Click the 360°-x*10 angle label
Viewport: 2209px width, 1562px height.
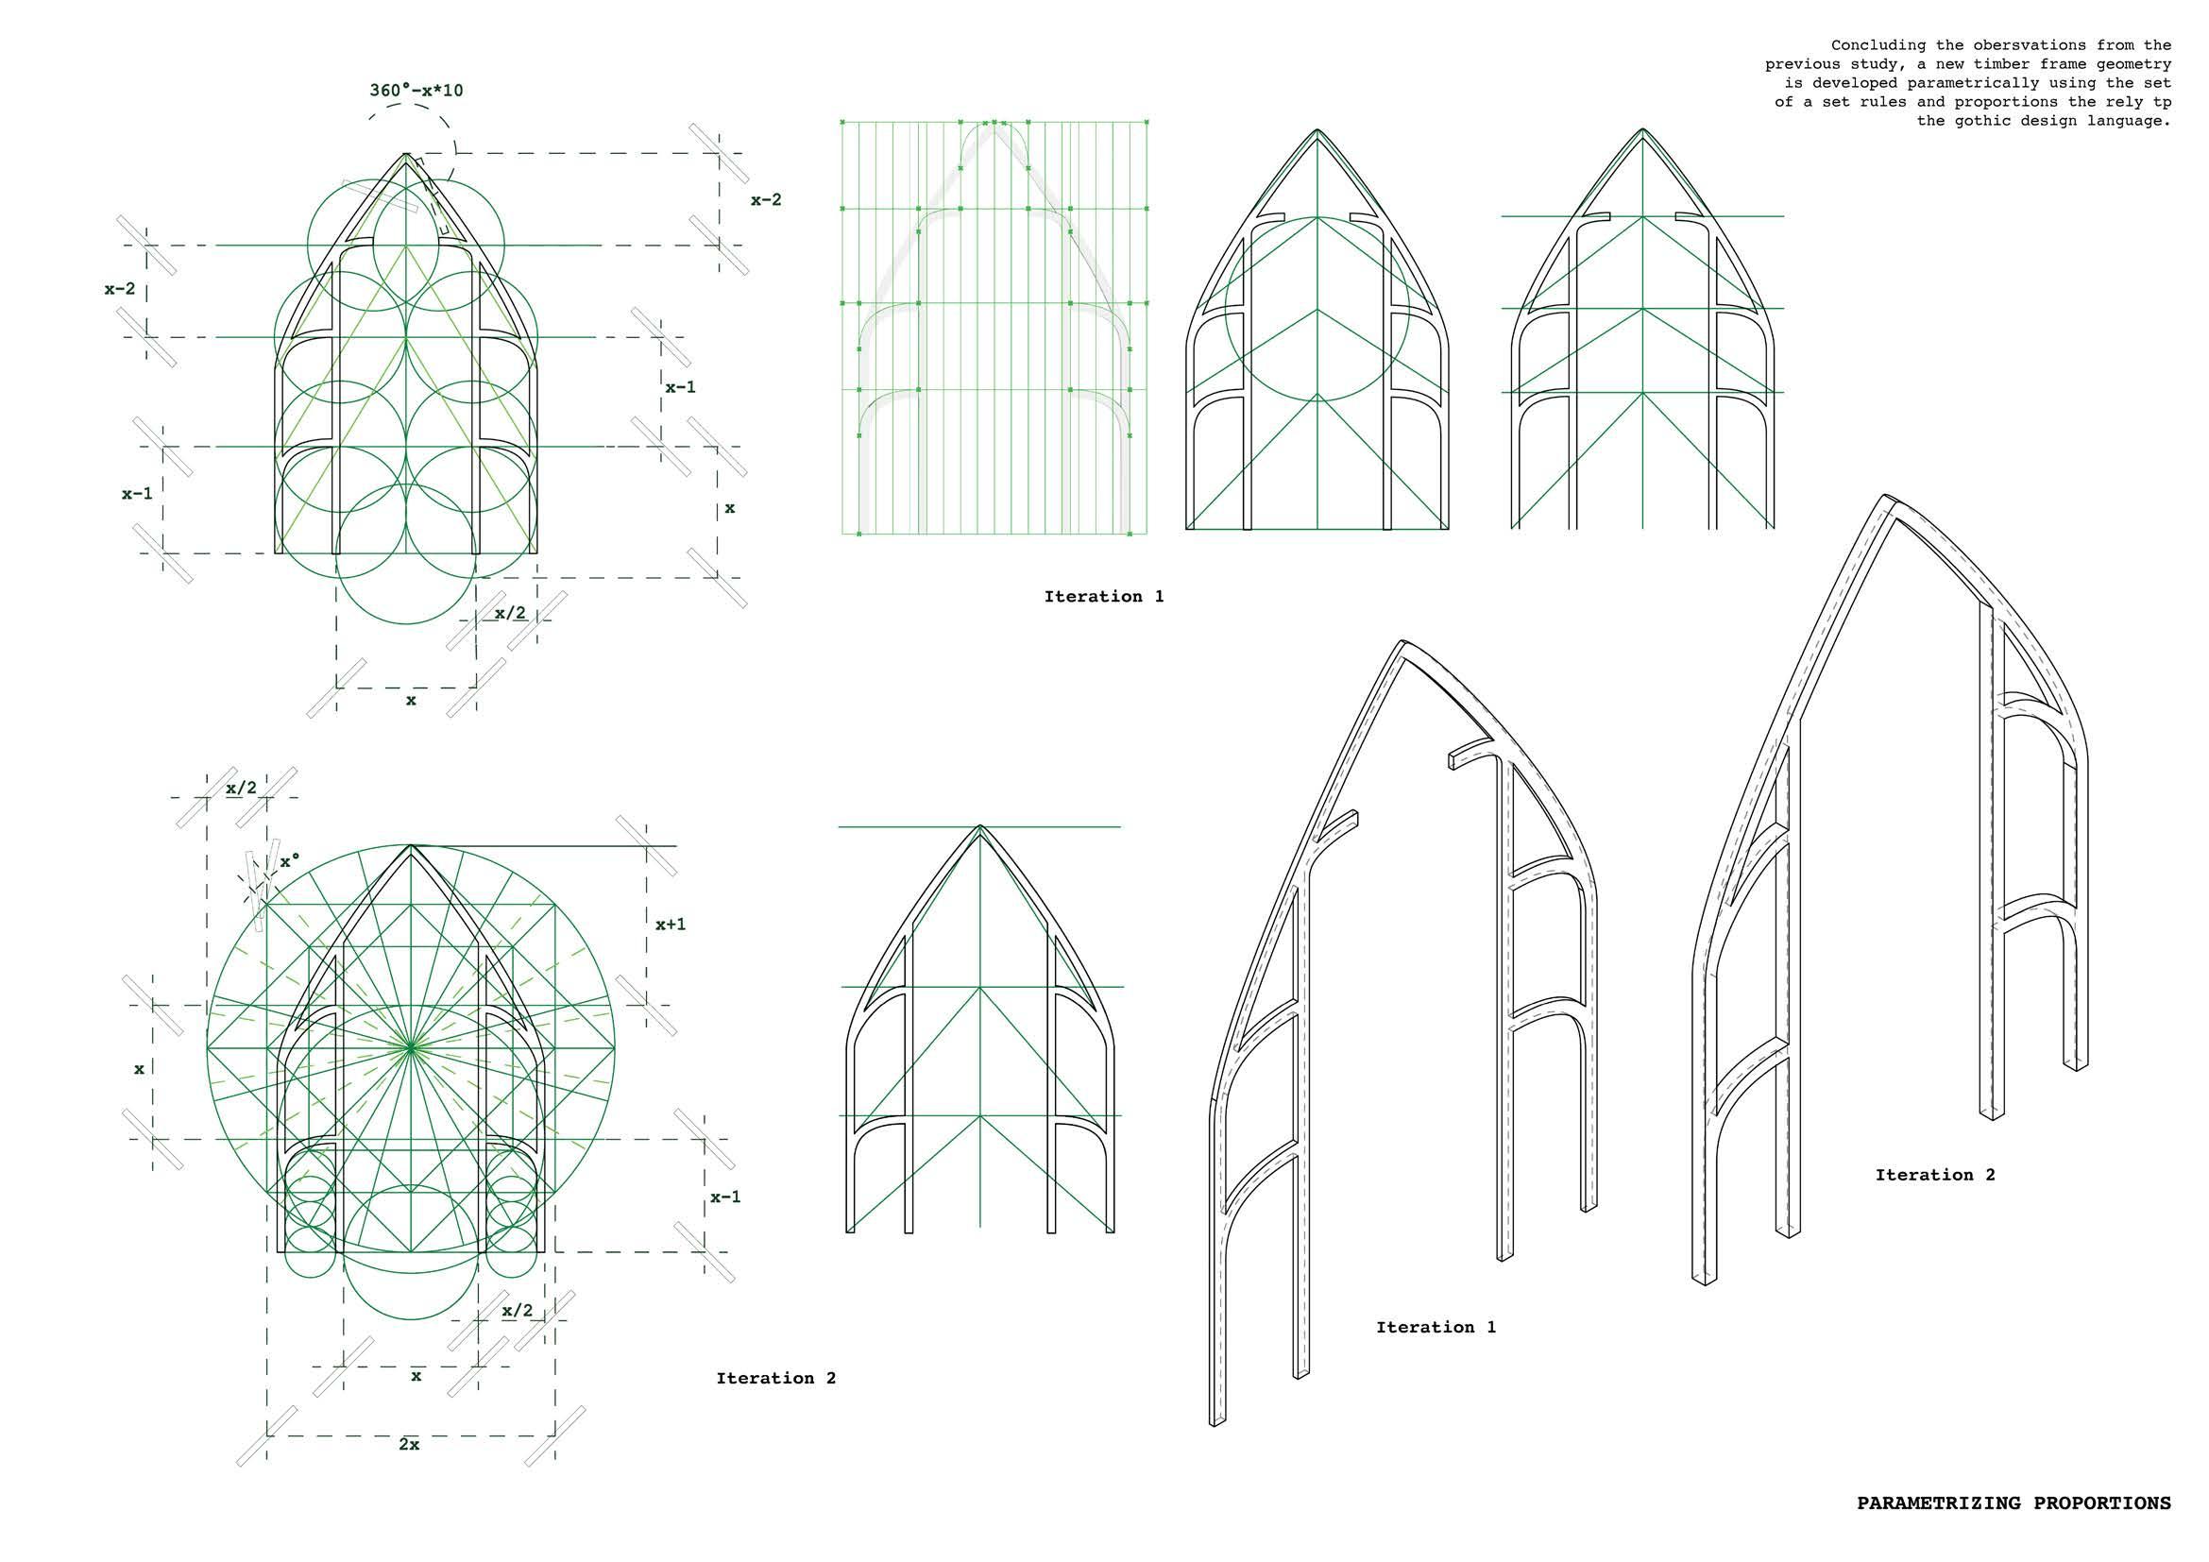coord(416,91)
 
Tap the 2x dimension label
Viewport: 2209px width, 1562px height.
coord(409,1444)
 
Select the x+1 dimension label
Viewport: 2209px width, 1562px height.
coord(671,925)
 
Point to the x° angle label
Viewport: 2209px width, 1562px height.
coord(291,861)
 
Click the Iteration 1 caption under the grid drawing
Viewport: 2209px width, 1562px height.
coord(1103,596)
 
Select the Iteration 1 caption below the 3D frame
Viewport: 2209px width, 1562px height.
coord(1436,1327)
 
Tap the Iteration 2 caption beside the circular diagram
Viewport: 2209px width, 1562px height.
coord(775,1378)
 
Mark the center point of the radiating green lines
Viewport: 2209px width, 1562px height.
coord(411,1044)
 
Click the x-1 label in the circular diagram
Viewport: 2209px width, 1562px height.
coord(725,1197)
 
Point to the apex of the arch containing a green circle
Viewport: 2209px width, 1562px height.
coord(1317,129)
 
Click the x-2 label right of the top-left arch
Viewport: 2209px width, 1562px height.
coord(766,200)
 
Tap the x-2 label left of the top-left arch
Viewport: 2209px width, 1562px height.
coord(120,288)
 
